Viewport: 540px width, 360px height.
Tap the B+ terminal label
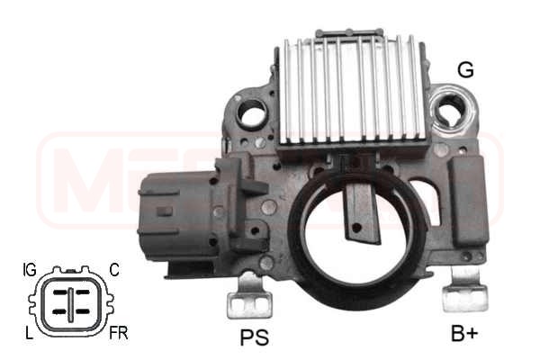pyautogui.click(x=464, y=334)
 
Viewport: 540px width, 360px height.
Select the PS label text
pyautogui.click(x=256, y=338)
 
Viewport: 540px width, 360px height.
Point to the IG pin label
pyautogui.click(x=29, y=269)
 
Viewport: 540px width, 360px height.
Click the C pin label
pyautogui.click(x=113, y=269)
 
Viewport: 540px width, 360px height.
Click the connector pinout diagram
pyautogui.click(x=71, y=301)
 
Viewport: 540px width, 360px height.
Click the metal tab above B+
pyautogui.click(x=465, y=292)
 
